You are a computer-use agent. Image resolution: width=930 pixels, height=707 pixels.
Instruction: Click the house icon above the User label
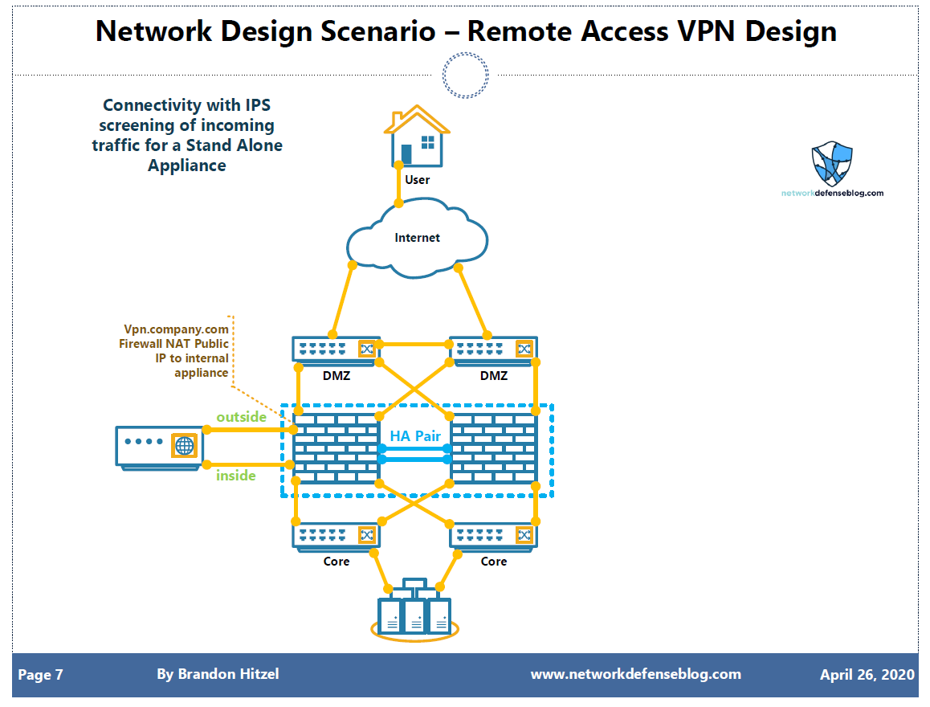[416, 137]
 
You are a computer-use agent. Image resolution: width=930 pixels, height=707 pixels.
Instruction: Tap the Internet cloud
[417, 238]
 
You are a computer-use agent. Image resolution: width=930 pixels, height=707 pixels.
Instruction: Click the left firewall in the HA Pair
[336, 448]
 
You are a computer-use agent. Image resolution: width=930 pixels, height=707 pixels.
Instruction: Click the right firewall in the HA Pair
[493, 448]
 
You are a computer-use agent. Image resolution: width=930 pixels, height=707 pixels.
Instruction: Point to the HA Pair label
[414, 436]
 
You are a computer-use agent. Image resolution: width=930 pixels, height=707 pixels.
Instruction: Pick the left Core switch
[336, 535]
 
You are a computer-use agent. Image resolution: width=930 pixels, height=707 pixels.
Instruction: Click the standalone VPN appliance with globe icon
[159, 446]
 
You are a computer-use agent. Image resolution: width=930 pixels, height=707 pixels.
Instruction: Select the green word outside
[241, 417]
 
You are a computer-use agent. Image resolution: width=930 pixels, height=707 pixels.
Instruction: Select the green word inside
[236, 476]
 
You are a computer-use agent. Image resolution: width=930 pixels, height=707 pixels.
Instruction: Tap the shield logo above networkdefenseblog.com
[832, 164]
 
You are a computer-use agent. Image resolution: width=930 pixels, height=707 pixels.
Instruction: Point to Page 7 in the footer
[40, 675]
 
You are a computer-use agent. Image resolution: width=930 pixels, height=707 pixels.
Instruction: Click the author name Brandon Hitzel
[218, 674]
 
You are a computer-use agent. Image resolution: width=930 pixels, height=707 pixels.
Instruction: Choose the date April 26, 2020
[867, 675]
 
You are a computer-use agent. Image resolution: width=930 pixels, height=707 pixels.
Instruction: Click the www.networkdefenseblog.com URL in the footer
[635, 674]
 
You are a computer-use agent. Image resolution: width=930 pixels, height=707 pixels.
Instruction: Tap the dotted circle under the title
[465, 76]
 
